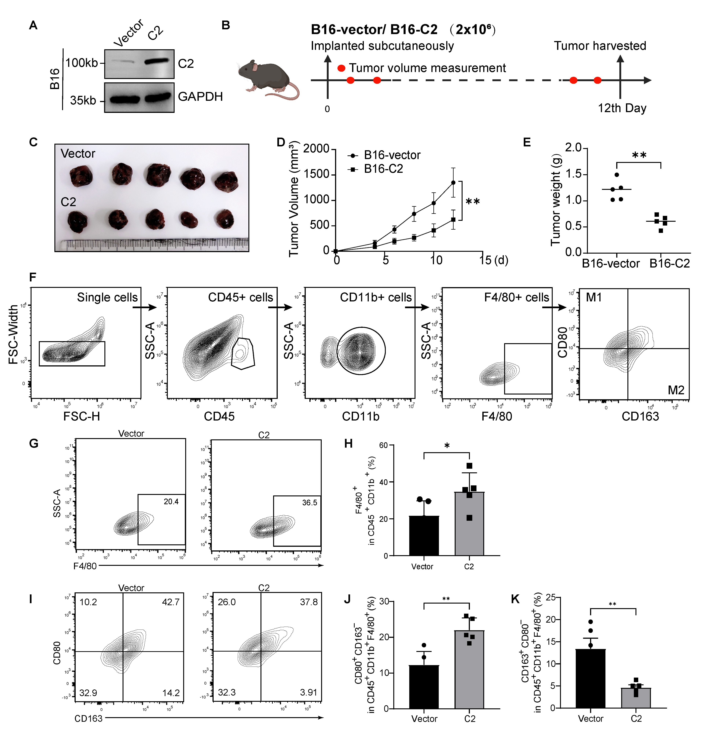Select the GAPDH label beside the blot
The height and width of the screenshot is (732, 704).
click(200, 97)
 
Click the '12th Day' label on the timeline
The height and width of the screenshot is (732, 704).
click(622, 108)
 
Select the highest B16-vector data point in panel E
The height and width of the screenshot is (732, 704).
click(617, 175)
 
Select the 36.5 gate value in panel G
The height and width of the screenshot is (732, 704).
click(310, 503)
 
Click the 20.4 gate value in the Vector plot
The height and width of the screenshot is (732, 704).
click(171, 501)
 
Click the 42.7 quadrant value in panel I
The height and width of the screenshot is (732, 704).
click(171, 602)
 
